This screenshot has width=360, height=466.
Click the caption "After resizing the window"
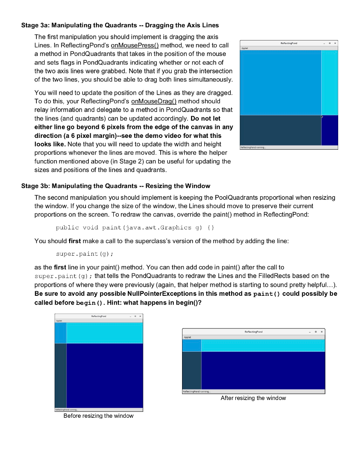(253, 398)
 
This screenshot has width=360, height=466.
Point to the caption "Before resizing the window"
(98, 416)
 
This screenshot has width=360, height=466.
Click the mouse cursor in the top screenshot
(323, 116)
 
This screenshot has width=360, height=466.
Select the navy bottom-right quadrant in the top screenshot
(330, 130)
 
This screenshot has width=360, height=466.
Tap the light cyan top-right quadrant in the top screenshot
(330, 82)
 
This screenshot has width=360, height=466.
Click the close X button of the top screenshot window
(335, 43)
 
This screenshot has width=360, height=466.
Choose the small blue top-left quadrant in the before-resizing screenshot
(61, 333)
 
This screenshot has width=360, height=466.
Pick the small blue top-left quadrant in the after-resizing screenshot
(192, 346)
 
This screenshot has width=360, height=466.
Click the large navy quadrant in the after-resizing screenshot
(263, 370)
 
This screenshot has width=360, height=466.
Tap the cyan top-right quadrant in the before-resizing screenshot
(105, 333)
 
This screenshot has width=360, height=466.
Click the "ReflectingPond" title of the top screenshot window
(289, 43)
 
